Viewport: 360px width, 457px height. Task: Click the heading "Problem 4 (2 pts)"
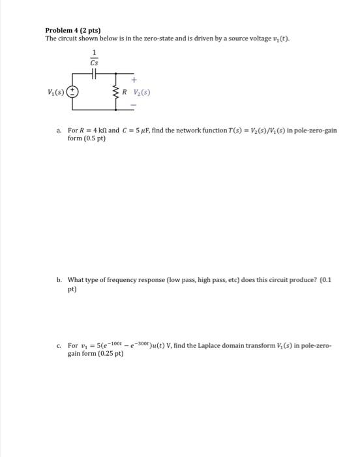point(71,30)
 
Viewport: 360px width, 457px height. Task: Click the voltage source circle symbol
point(74,92)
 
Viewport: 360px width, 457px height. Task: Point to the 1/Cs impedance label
point(95,58)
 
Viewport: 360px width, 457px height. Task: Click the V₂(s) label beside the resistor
point(142,92)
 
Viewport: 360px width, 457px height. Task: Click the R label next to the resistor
point(128,92)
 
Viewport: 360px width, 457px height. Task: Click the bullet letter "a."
point(59,131)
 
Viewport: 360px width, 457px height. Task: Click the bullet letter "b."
point(59,279)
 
